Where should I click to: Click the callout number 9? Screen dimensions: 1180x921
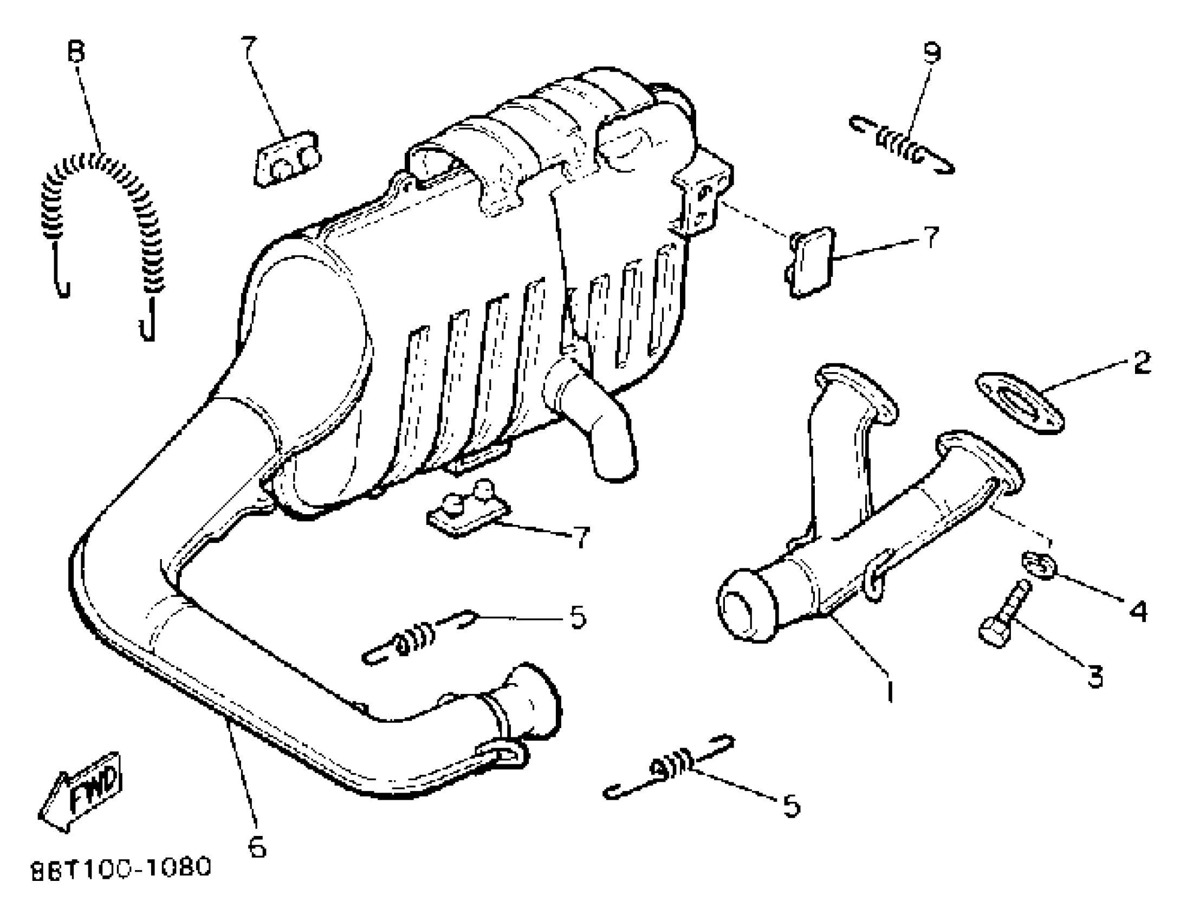(932, 53)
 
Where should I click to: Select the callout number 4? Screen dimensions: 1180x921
(1138, 611)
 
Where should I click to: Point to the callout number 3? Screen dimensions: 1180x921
(1095, 676)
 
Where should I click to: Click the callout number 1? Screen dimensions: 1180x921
(889, 691)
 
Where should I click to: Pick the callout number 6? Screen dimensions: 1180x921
(257, 846)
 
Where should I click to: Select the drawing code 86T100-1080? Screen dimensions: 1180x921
(120, 868)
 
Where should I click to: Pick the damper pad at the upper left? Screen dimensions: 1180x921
(286, 160)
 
